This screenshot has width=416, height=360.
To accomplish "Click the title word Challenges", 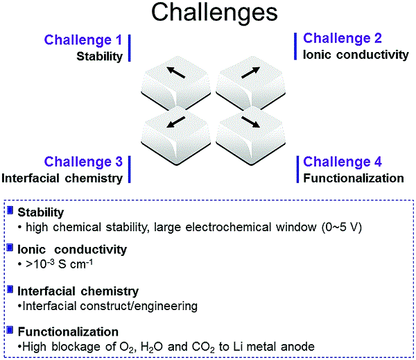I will click(207, 12).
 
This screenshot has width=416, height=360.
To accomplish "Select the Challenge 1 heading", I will click(83, 40).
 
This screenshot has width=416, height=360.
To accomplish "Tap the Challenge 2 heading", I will click(343, 38).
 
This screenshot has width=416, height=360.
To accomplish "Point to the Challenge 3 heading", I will click(83, 162).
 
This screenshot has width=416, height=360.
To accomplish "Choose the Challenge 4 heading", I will click(343, 162).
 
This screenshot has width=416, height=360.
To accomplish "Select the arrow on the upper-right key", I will click(241, 71).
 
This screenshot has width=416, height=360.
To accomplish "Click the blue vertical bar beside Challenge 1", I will click(130, 46).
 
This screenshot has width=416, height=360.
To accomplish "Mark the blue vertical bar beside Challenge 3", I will click(130, 170).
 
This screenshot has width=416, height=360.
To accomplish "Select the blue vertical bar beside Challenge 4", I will click(297, 170).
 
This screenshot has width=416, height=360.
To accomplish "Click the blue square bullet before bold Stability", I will click(10, 211).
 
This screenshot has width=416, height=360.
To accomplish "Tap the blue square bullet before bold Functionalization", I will click(10, 330).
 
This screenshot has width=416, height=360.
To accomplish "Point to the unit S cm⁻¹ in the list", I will click(74, 266).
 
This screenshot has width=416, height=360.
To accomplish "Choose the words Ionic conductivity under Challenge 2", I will click(356, 54).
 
